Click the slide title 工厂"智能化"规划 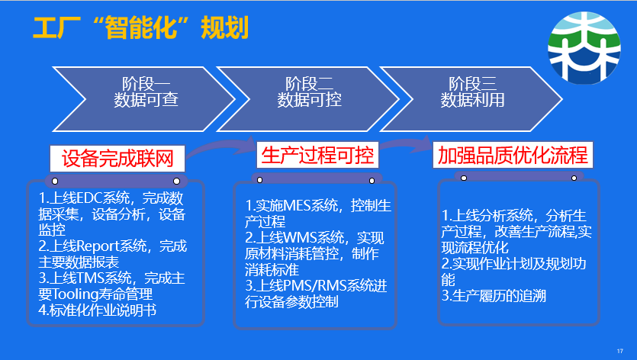tap(140, 28)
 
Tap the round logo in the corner tap(584, 47)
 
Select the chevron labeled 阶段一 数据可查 tap(144, 99)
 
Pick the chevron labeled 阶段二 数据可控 tap(308, 99)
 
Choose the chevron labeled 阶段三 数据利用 tap(471, 99)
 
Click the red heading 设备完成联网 tap(117, 159)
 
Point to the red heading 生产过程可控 tap(317, 155)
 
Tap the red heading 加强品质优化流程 tap(513, 155)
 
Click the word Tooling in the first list tap(74, 294)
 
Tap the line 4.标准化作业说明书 tap(97, 310)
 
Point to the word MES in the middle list tap(297, 206)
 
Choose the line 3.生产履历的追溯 tap(494, 296)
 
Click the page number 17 tap(620, 351)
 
